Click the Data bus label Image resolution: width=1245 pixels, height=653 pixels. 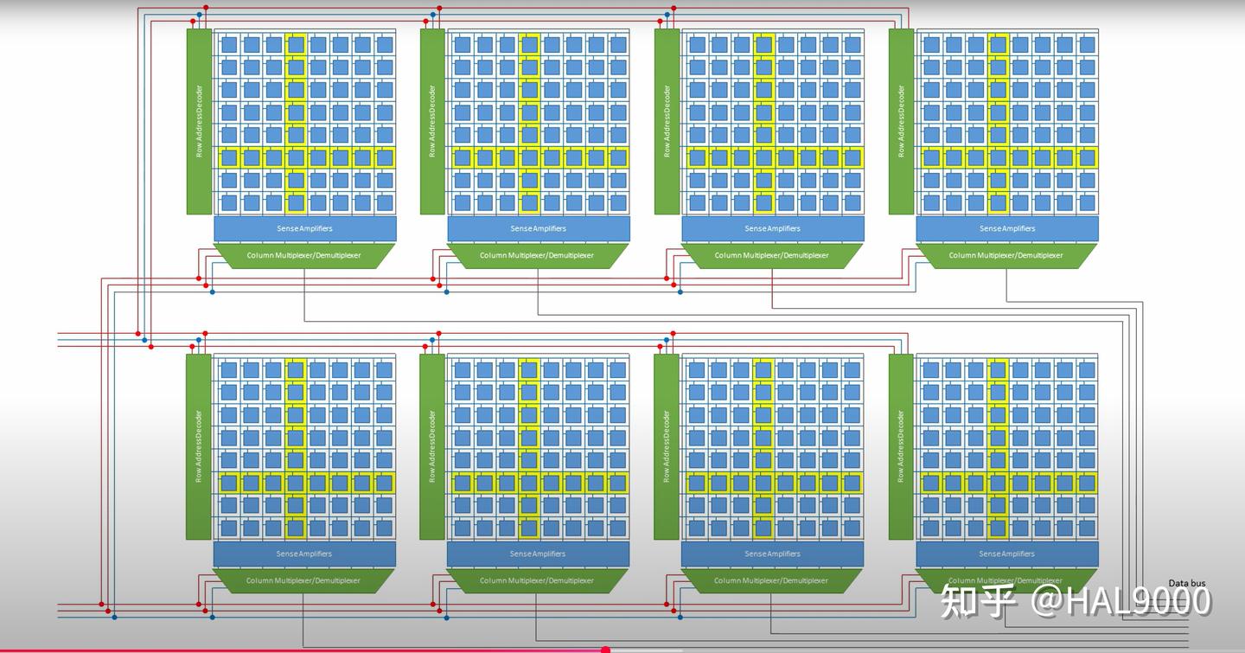[1186, 583]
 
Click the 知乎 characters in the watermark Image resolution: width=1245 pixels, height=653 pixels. [978, 601]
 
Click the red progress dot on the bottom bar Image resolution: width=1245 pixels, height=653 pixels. [605, 649]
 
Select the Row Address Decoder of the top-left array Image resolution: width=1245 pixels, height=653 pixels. [199, 121]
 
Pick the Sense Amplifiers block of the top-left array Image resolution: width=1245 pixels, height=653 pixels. [305, 228]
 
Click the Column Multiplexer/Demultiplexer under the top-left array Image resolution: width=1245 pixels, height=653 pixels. [304, 255]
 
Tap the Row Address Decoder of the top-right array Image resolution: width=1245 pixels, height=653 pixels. [901, 121]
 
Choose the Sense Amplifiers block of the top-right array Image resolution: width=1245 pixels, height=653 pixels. [1007, 228]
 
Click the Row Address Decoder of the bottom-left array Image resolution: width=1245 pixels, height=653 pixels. [199, 446]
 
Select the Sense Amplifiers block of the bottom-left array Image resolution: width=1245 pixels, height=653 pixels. [304, 554]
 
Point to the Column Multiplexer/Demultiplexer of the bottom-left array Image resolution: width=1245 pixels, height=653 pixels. [303, 580]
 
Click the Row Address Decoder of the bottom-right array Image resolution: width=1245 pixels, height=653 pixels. [901, 446]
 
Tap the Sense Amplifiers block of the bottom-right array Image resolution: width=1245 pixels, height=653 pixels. [1007, 554]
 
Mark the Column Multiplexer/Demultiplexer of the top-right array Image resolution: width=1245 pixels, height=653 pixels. [1006, 255]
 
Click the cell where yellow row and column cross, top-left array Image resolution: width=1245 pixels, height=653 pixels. [296, 158]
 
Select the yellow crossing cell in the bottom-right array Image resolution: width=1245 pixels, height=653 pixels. [999, 483]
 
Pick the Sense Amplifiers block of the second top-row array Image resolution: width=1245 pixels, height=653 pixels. [539, 228]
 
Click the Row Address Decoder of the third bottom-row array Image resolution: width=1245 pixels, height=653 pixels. [667, 446]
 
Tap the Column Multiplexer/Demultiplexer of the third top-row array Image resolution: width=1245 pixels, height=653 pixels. [772, 255]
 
